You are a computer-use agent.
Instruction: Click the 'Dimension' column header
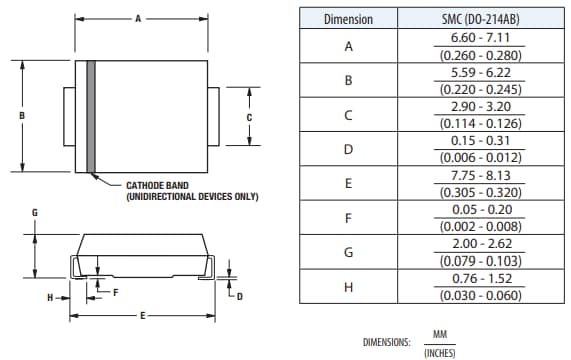349,19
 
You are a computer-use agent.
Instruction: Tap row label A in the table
349,47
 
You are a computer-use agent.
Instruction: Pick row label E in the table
349,184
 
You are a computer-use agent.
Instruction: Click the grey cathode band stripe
90,116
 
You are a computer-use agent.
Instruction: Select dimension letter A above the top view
139,18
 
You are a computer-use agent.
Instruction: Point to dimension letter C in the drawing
248,116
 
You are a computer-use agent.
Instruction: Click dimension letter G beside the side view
34,213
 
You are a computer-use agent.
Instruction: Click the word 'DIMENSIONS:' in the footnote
387,342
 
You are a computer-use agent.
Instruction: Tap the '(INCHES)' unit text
440,351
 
